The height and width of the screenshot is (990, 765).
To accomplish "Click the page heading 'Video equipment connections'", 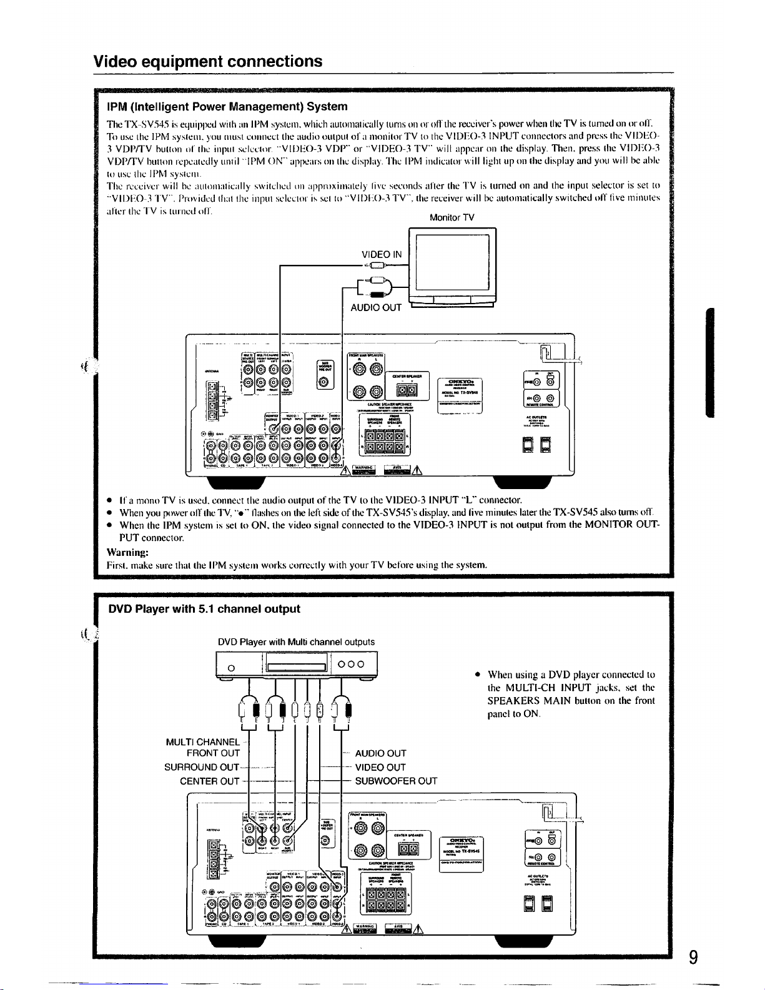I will pos(208,61).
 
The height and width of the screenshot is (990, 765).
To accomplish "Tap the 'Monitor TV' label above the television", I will pos(452,217).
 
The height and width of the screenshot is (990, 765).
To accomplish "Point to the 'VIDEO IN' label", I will pos(382,254).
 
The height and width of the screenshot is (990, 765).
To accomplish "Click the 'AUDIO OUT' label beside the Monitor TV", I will pos(376,307).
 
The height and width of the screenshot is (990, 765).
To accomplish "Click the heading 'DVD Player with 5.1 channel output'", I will pos(204,609).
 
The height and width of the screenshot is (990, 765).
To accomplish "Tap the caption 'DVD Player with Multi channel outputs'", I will pos(297,641).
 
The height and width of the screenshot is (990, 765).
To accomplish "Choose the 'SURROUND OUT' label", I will pos(202,767).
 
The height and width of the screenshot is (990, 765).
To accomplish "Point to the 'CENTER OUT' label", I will pos(209,781).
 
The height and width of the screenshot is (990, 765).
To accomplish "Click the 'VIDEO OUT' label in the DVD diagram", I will pos(380,767).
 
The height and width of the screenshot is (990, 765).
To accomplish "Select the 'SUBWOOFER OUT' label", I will pos(396,781).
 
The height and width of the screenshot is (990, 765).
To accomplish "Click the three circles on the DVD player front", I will pos(355,665).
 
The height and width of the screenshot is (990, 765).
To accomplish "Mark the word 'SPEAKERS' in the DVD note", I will pos(516,701).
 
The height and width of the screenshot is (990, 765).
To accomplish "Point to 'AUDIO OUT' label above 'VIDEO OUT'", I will pos(380,753).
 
